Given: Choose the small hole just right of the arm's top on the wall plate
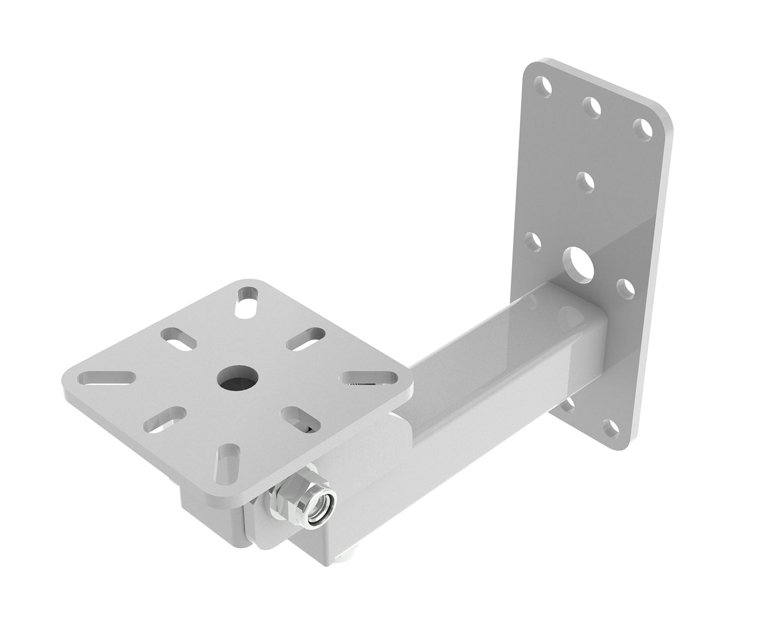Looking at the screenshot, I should (x=624, y=287).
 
